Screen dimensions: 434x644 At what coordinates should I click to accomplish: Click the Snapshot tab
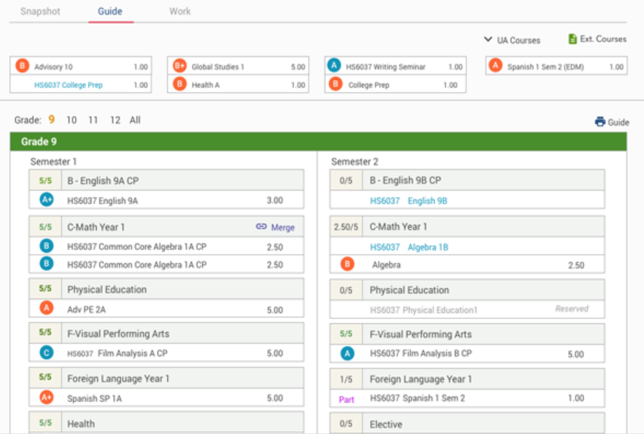point(40,12)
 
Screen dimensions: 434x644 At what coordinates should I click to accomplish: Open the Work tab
point(179,12)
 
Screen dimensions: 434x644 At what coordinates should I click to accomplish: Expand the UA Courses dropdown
point(512,40)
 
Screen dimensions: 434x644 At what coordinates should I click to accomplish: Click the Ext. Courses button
point(597,39)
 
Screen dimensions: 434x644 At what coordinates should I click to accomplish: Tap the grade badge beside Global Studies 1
point(179,66)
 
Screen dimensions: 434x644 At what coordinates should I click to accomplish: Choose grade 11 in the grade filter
point(93,120)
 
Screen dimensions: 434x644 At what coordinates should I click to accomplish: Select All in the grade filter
point(135,120)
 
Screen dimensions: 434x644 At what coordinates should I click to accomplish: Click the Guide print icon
point(600,122)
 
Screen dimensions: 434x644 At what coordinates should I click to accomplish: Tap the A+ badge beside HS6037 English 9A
point(47,200)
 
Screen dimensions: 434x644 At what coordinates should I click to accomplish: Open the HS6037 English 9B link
point(408,201)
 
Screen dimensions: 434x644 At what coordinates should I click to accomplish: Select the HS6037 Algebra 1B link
point(408,247)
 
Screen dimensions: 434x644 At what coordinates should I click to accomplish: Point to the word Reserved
point(572,309)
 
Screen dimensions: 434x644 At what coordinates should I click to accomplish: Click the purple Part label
point(346,399)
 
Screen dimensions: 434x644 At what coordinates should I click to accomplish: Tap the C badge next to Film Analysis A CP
point(47,354)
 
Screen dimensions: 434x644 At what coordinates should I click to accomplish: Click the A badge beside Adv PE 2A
point(47,309)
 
